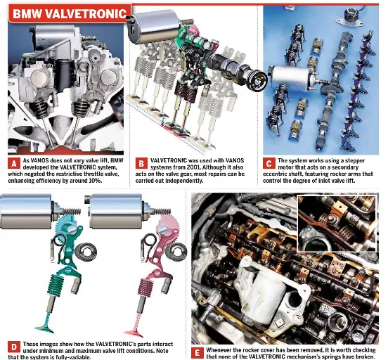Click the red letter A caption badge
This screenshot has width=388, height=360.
tap(14, 163)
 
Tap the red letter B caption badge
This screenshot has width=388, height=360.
tap(141, 163)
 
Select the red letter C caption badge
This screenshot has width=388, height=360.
tap(269, 163)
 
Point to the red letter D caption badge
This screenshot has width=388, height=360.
tap(14, 347)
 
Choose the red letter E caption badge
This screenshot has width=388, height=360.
tap(198, 353)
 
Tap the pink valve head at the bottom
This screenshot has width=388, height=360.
tap(134, 333)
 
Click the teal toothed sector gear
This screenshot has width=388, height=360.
tap(65, 224)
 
